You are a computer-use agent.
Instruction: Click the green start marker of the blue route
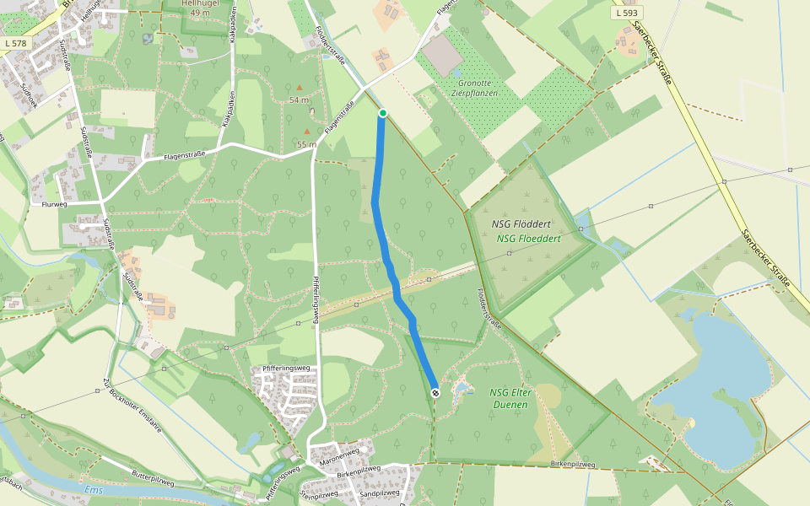pyautogui.click(x=382, y=113)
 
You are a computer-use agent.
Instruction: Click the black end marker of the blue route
pyautogui.click(x=435, y=393)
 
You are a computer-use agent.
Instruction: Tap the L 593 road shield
pyautogui.click(x=627, y=13)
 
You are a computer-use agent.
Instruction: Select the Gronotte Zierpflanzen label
pyautogui.click(x=477, y=88)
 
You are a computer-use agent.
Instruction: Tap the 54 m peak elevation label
pyautogui.click(x=300, y=100)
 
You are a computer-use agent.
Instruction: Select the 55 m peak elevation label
pyautogui.click(x=306, y=144)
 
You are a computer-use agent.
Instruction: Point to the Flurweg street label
pyautogui.click(x=53, y=204)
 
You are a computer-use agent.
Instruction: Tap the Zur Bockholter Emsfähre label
pyautogui.click(x=132, y=411)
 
